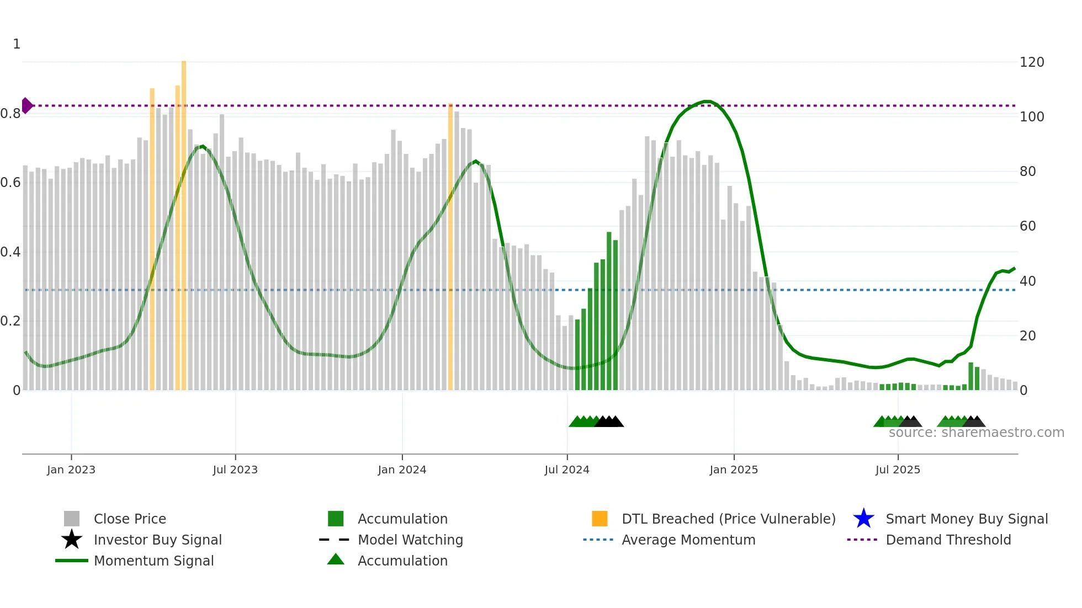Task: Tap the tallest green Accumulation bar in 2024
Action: pos(609,312)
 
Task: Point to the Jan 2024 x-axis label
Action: pos(402,470)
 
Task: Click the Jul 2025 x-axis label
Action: pos(898,470)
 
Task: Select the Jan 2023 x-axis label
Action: pos(71,470)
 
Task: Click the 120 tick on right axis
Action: pos(1031,62)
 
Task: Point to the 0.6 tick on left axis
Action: pos(11,183)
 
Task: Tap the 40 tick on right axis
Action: pos(1027,281)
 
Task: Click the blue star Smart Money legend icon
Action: pos(863,519)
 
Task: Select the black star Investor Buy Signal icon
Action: pos(72,540)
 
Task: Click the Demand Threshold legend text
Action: pos(948,540)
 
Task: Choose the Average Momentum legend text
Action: pos(688,540)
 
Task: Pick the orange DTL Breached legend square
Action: pos(600,519)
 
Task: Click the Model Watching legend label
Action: pos(410,540)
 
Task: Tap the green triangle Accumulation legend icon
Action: pos(336,559)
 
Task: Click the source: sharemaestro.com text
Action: pos(976,433)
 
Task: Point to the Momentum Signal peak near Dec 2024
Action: pos(706,102)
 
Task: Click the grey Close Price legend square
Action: pos(72,519)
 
